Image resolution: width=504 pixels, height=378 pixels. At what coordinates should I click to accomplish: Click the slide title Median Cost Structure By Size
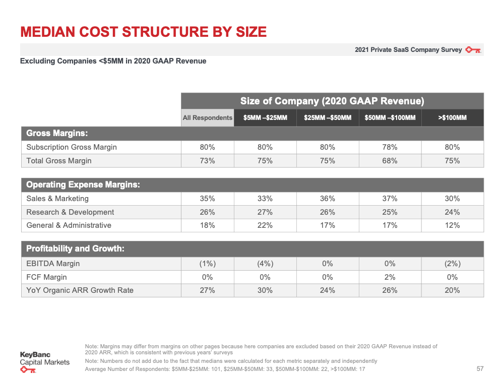(x=143, y=32)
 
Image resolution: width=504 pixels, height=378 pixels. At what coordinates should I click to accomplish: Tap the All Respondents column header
(x=207, y=117)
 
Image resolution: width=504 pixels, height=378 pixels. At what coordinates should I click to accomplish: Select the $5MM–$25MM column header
(x=265, y=117)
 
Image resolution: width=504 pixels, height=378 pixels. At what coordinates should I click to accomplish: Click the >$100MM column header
(x=452, y=117)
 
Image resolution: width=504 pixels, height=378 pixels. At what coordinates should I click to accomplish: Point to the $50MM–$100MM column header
(x=390, y=117)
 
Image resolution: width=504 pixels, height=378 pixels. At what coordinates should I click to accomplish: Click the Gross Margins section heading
(x=57, y=133)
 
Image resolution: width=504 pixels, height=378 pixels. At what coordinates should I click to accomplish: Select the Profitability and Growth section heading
(x=75, y=248)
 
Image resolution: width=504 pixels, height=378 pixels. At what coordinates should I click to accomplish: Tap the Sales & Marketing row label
(x=57, y=199)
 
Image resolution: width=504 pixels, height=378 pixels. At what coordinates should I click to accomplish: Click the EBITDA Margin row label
(x=53, y=264)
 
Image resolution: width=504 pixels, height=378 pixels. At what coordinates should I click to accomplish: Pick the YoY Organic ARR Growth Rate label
(x=80, y=290)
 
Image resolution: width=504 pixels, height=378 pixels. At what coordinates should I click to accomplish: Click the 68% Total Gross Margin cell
(x=390, y=161)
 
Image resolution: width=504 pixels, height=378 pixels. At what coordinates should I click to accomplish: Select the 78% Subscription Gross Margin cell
(x=390, y=147)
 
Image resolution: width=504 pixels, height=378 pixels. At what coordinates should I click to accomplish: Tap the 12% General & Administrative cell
(x=452, y=225)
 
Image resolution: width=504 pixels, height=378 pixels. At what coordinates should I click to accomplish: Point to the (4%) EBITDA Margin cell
(x=265, y=264)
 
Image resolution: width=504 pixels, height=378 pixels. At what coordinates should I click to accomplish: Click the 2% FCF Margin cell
(x=390, y=277)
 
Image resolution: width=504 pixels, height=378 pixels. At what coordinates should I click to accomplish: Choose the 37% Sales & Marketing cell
(x=390, y=199)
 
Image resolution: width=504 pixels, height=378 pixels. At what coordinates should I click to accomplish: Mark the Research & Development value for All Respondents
(x=207, y=212)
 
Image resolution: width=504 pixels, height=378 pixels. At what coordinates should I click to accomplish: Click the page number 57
(x=480, y=369)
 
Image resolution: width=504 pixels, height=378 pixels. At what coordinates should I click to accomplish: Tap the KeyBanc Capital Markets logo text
(x=45, y=358)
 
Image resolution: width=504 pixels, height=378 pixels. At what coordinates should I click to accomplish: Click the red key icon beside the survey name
(x=473, y=50)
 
